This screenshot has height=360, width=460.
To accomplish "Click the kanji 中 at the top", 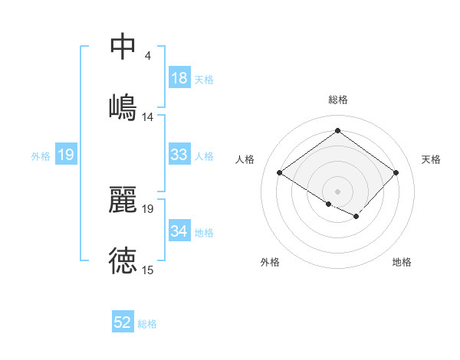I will [x=123, y=46].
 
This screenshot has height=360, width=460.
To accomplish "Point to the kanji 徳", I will [x=123, y=260].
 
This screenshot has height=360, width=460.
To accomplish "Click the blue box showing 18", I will [x=179, y=78].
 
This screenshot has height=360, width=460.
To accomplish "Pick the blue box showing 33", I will [x=179, y=155].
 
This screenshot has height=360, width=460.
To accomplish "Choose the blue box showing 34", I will [x=179, y=231].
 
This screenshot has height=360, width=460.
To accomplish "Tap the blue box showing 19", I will [x=66, y=155].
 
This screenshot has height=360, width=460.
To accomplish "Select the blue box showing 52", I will [x=123, y=323].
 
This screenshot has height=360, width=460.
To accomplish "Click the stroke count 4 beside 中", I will [x=147, y=56].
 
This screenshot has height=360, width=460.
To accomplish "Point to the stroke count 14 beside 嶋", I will [x=147, y=117].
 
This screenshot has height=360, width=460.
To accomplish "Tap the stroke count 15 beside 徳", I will [x=147, y=270].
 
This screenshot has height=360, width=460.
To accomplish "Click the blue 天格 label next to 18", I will [x=203, y=79].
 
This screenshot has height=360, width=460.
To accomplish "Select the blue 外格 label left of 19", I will [x=41, y=156].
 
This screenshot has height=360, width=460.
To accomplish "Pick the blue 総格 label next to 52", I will [x=147, y=324].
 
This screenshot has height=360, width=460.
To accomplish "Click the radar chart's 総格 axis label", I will [x=337, y=100].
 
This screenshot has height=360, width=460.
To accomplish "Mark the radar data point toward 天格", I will [x=396, y=172].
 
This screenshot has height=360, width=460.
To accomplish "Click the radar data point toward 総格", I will [x=337, y=131].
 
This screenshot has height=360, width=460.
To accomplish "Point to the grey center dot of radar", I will [x=337, y=190].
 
